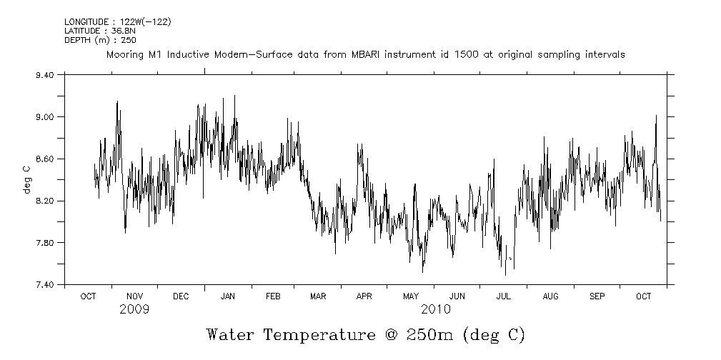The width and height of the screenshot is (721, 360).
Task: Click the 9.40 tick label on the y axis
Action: [x=44, y=74]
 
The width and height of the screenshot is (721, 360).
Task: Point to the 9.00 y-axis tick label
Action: [x=44, y=116]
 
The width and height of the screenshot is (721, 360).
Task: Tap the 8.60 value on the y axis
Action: [x=44, y=159]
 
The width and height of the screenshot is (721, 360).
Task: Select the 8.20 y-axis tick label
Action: [x=44, y=201]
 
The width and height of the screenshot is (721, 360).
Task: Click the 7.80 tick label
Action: [x=44, y=243]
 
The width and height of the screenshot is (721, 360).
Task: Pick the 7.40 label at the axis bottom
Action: [x=44, y=285]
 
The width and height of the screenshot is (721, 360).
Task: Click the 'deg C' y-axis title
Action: [x=26, y=179]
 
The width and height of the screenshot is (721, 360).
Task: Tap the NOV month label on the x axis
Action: [x=134, y=296]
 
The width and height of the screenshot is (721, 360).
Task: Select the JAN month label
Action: [x=228, y=296]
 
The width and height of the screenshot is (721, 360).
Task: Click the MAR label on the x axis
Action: [x=318, y=296]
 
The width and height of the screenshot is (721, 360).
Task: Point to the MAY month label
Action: [x=411, y=296]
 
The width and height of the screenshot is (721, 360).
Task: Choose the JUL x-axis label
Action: [x=504, y=296]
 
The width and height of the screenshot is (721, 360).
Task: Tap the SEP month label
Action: [x=597, y=296]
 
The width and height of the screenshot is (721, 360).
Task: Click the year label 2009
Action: [x=134, y=309]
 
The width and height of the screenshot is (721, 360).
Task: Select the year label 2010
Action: [x=435, y=309]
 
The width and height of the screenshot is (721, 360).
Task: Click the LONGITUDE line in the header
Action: [x=117, y=22]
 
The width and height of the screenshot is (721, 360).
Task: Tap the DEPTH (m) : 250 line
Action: [x=95, y=40]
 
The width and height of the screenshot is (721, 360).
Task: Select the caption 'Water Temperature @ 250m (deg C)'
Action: [x=365, y=334]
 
